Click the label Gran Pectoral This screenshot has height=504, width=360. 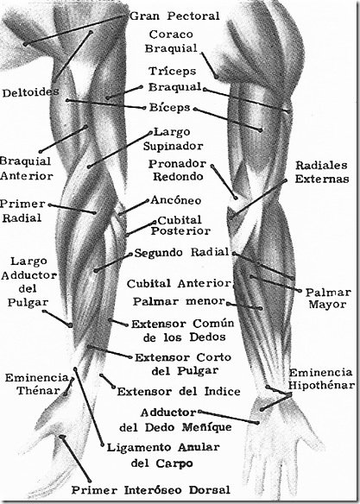(x=174, y=16)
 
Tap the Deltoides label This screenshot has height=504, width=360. (x=30, y=91)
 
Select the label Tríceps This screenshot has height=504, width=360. (x=172, y=70)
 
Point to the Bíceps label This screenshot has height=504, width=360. (x=169, y=109)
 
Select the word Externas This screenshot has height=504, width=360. (x=321, y=180)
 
